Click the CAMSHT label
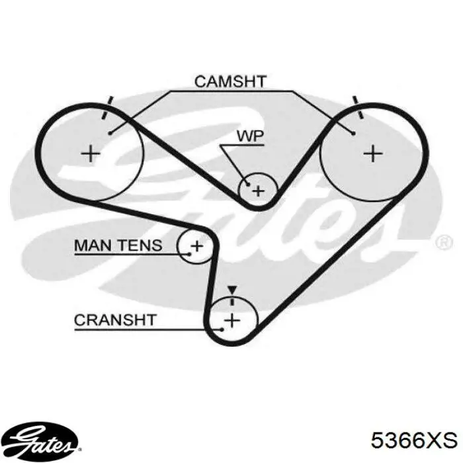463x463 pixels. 230,81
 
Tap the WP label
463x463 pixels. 250,136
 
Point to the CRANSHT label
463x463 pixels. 115,320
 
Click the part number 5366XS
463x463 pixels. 414,441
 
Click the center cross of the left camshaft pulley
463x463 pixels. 91,153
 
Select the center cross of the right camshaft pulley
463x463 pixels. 373,153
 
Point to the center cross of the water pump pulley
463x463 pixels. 259,191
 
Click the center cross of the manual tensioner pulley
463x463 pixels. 197,245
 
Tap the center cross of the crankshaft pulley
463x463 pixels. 233,320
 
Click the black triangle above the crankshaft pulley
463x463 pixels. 232,290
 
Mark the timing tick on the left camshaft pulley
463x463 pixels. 106,108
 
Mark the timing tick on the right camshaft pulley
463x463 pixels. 358,108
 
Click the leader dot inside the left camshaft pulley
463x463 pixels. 110,133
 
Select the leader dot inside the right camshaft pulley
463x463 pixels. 353,133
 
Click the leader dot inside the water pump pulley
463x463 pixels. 248,185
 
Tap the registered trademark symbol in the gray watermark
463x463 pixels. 444,243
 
